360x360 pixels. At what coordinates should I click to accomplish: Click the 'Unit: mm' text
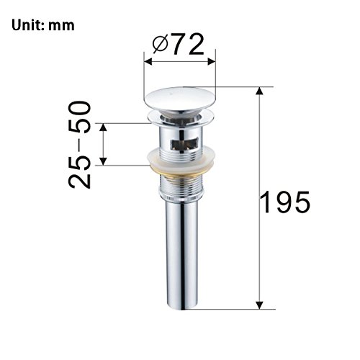(x=43, y=25)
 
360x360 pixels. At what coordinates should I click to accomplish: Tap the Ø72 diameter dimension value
(x=179, y=44)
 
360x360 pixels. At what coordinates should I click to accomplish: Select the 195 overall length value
(x=285, y=202)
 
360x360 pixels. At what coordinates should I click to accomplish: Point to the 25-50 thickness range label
(x=80, y=145)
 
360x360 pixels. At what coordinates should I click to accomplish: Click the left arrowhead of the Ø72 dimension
(x=148, y=61)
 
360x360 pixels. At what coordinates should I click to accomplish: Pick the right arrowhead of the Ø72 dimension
(x=212, y=61)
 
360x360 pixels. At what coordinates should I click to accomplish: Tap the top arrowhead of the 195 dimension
(x=259, y=91)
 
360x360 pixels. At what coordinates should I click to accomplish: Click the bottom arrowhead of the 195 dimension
(x=259, y=305)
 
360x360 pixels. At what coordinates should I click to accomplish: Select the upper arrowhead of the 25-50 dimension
(x=103, y=127)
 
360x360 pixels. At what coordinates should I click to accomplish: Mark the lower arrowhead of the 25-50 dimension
(x=103, y=161)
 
